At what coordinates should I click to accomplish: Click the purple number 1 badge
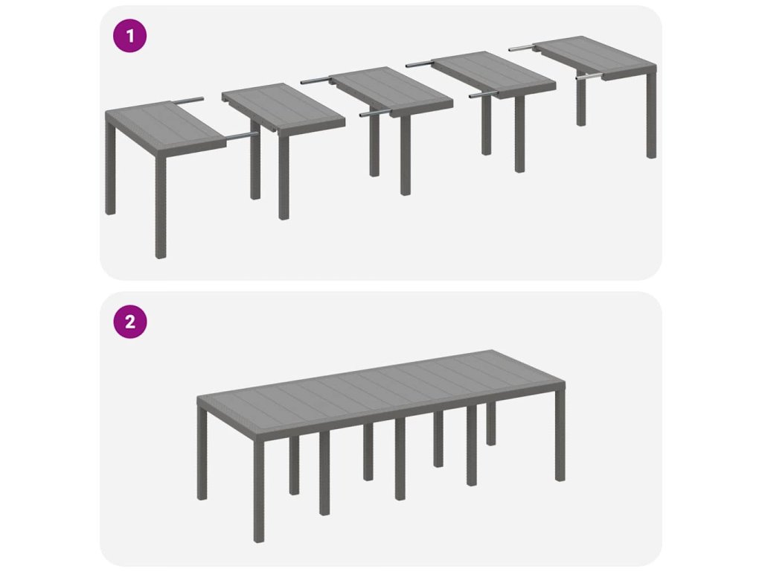point(129,36)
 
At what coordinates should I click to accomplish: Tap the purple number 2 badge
point(129,322)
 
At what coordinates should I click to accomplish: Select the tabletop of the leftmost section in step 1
point(165,127)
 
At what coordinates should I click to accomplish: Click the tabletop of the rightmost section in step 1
point(595,57)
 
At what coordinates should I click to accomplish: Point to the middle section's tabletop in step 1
point(390,91)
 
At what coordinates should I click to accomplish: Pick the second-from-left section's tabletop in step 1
point(284,109)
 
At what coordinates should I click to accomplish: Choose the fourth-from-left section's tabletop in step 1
point(493,74)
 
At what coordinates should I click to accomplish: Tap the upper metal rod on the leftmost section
point(187,101)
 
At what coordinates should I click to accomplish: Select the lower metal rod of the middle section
point(375,114)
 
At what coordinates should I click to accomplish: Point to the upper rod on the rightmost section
point(521,48)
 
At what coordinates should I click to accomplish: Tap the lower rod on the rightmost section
point(589,77)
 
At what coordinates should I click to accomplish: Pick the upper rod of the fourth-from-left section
point(419,64)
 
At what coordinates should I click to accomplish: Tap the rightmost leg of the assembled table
point(560,432)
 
